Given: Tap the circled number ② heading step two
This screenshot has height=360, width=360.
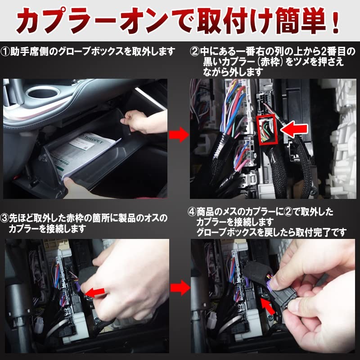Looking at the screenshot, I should coord(194,52).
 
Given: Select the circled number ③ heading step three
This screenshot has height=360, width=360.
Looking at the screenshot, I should coord(6,219).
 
